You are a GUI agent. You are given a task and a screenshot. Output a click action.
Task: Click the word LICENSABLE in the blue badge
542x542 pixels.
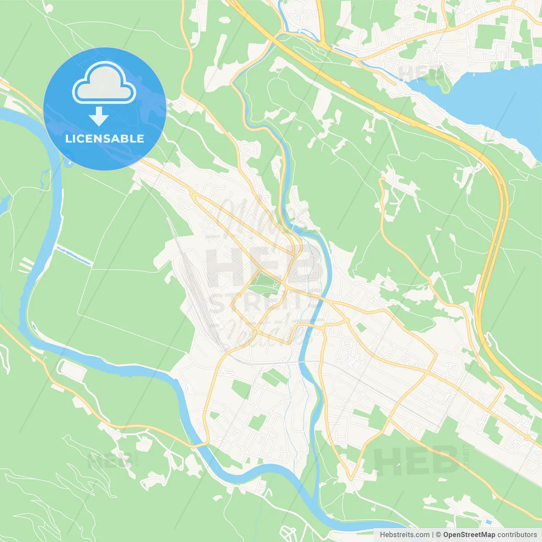pyautogui.click(x=104, y=139)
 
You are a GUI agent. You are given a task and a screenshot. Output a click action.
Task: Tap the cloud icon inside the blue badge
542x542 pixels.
pyautogui.click(x=104, y=83)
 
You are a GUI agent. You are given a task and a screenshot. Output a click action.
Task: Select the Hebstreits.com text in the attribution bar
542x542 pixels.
pyautogui.click(x=404, y=535)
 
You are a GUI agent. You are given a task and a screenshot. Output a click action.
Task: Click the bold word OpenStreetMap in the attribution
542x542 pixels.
pyautogui.click(x=469, y=535)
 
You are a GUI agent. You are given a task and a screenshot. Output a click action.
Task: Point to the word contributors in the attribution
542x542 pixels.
pyautogui.click(x=517, y=535)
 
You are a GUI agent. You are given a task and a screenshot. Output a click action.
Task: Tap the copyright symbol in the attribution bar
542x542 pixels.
pyautogui.click(x=438, y=535)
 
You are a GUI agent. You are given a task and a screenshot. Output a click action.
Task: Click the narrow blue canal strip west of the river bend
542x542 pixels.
pyautogui.click(x=74, y=255)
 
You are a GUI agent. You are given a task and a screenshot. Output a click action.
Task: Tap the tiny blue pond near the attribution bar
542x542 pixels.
pyautogui.click(x=489, y=522)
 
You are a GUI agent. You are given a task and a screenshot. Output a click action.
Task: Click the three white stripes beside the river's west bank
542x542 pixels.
pyautogui.click(x=26, y=265)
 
